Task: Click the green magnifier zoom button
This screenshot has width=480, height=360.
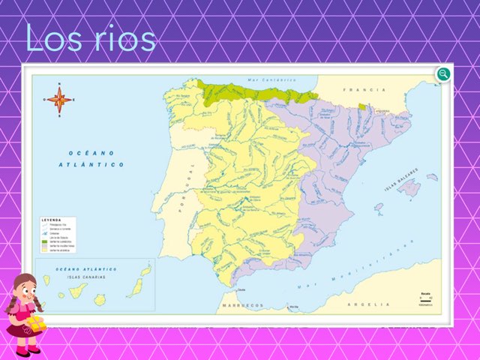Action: click(443, 73)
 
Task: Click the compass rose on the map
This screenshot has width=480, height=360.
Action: click(59, 98)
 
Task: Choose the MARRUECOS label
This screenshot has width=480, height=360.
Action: click(241, 306)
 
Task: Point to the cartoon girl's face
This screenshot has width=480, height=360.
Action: click(25, 292)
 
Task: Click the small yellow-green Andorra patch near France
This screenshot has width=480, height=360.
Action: click(362, 106)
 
